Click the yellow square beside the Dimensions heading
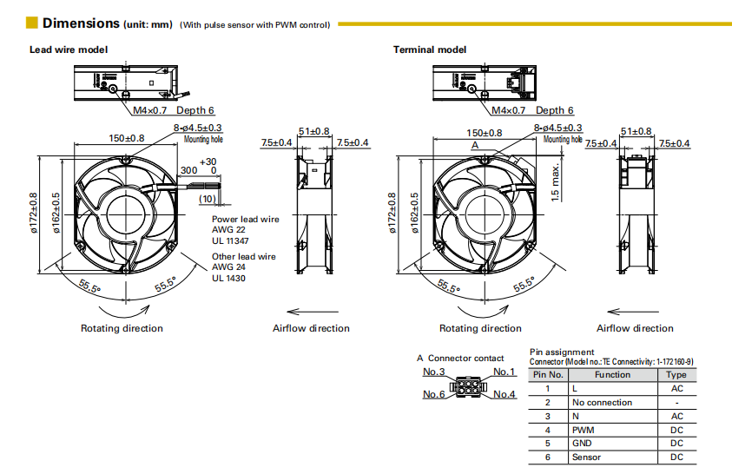(32, 23)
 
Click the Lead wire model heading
(69, 49)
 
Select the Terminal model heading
(430, 49)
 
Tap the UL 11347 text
(230, 240)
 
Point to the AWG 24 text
(228, 267)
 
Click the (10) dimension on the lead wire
(208, 199)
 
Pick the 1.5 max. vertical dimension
(555, 182)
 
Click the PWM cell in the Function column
(583, 430)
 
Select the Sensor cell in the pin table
(586, 458)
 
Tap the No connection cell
(603, 402)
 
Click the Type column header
(676, 375)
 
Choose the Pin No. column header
(548, 375)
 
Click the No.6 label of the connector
(433, 394)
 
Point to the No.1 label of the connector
(504, 372)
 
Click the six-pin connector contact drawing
(468, 385)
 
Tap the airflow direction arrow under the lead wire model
(313, 312)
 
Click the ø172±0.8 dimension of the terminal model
(392, 214)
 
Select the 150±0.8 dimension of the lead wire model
(127, 138)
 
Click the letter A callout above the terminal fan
(475, 145)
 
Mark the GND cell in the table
(582, 444)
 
